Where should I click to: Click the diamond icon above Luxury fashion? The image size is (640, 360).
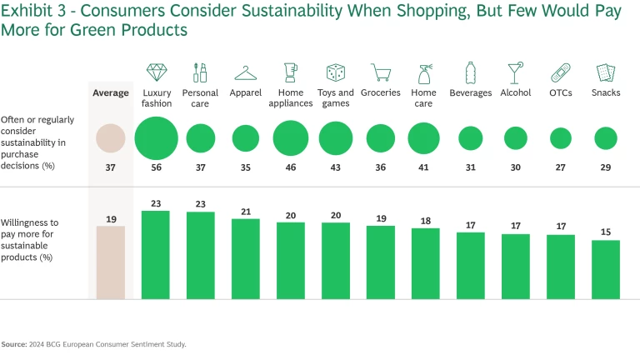pos(157,72)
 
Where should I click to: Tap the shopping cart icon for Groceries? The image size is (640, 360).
pos(381,72)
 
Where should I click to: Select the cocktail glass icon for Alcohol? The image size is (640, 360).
pos(515,72)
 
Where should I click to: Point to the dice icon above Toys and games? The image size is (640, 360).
pos(336,72)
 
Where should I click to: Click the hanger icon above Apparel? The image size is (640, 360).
pos(246,72)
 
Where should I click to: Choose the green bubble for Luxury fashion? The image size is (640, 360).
pos(157,138)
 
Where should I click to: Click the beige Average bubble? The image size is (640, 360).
pos(111,138)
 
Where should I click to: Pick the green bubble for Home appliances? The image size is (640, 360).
pos(291,138)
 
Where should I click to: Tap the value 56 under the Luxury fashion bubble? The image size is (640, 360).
pos(157,167)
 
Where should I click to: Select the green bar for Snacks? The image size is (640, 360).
pos(606,269)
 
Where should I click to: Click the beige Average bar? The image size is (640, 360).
pos(111,262)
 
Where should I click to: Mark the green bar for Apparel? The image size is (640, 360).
pos(246,258)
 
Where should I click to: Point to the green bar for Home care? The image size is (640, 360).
pos(425,263)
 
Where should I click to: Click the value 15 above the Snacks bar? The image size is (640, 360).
pos(606,232)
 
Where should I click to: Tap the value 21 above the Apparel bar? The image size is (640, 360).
pos(246,211)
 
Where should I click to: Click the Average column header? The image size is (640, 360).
pos(111,92)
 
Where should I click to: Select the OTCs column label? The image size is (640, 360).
pos(560,92)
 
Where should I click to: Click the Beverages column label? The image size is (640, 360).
pos(471,92)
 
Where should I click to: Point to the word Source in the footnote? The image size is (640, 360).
pos(13,343)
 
